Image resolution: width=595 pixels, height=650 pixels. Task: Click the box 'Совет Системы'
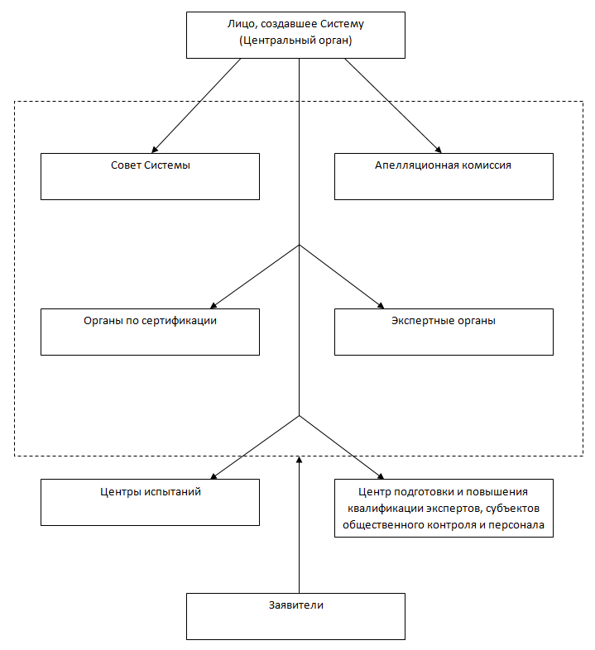[x=151, y=177]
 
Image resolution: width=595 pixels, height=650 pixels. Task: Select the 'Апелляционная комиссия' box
[x=444, y=177]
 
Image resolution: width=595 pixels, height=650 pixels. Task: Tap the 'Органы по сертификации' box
[x=151, y=332]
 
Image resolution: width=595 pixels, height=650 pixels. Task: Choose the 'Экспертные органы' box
[x=444, y=332]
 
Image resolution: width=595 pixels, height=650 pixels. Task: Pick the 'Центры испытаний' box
[x=151, y=503]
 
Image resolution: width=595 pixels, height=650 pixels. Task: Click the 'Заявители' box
[x=295, y=616]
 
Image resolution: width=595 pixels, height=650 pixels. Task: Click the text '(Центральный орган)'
[x=295, y=41]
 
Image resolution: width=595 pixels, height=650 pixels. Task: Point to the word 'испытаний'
[x=173, y=492]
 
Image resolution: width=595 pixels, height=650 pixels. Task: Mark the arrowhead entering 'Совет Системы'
[x=156, y=150]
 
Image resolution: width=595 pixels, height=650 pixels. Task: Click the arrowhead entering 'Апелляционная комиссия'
[x=438, y=150]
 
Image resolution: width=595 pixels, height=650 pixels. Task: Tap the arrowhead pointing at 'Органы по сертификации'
[x=214, y=305]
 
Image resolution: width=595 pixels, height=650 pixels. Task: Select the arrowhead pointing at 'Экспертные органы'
[x=381, y=305]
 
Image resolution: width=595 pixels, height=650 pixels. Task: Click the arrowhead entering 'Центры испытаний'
[x=214, y=476]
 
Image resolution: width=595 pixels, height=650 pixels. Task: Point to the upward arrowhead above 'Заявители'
[x=300, y=459]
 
